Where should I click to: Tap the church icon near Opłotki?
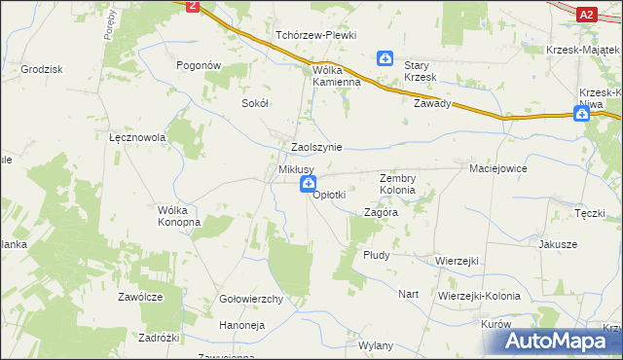(308, 184)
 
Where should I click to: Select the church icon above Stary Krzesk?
(386, 59)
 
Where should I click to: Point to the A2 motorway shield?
(586, 14)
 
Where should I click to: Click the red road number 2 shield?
(193, 6)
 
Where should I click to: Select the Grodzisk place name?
(41, 70)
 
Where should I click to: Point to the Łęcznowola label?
(137, 138)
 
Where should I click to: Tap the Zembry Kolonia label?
(397, 184)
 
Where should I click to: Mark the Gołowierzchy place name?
(251, 299)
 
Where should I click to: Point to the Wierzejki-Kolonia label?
(479, 295)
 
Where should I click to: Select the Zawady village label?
(432, 103)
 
